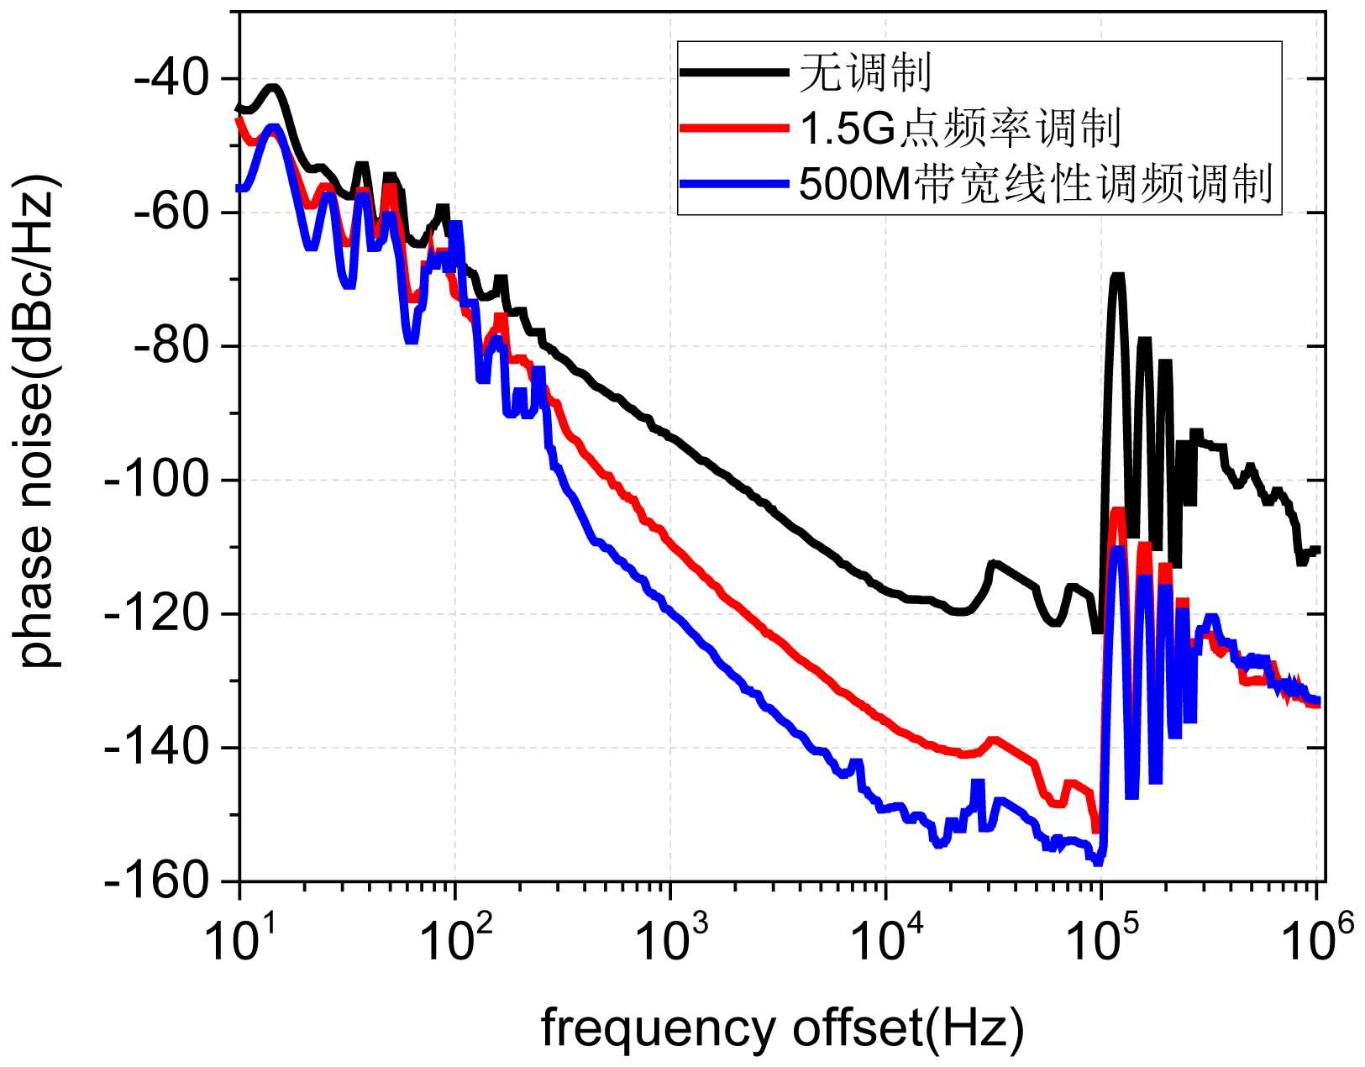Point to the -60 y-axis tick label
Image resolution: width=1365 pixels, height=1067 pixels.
point(173,213)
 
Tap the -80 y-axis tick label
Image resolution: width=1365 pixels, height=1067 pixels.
point(173,346)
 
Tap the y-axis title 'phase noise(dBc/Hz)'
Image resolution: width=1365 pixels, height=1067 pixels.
point(39,420)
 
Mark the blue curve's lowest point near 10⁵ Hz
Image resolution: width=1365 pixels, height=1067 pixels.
point(1096,861)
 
